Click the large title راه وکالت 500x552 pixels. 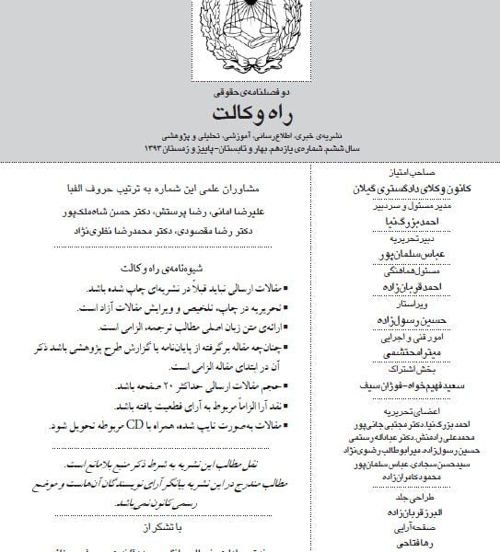(x=250, y=113)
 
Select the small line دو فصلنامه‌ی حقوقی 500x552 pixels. (x=250, y=93)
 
